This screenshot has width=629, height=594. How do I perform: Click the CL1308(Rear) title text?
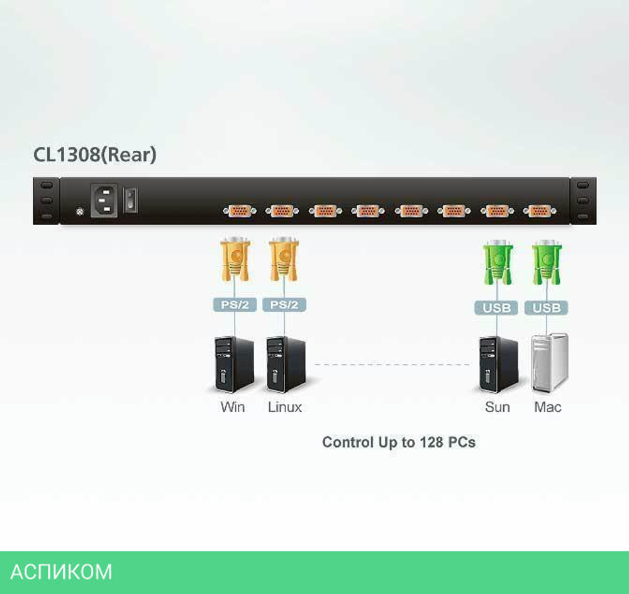click(94, 155)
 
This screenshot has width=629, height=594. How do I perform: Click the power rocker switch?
click(130, 201)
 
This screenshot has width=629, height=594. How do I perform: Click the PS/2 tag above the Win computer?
click(235, 305)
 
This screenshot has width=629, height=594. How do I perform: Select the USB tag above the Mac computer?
click(546, 308)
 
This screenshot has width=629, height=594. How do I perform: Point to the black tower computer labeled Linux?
click(284, 365)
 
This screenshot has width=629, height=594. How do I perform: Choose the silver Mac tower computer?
click(549, 363)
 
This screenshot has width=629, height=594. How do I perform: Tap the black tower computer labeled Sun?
click(498, 365)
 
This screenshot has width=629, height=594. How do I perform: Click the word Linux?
click(285, 407)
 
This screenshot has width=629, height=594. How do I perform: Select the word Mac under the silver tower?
click(548, 407)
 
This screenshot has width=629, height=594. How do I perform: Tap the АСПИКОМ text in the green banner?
click(61, 572)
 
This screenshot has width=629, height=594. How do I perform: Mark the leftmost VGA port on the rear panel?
click(240, 211)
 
